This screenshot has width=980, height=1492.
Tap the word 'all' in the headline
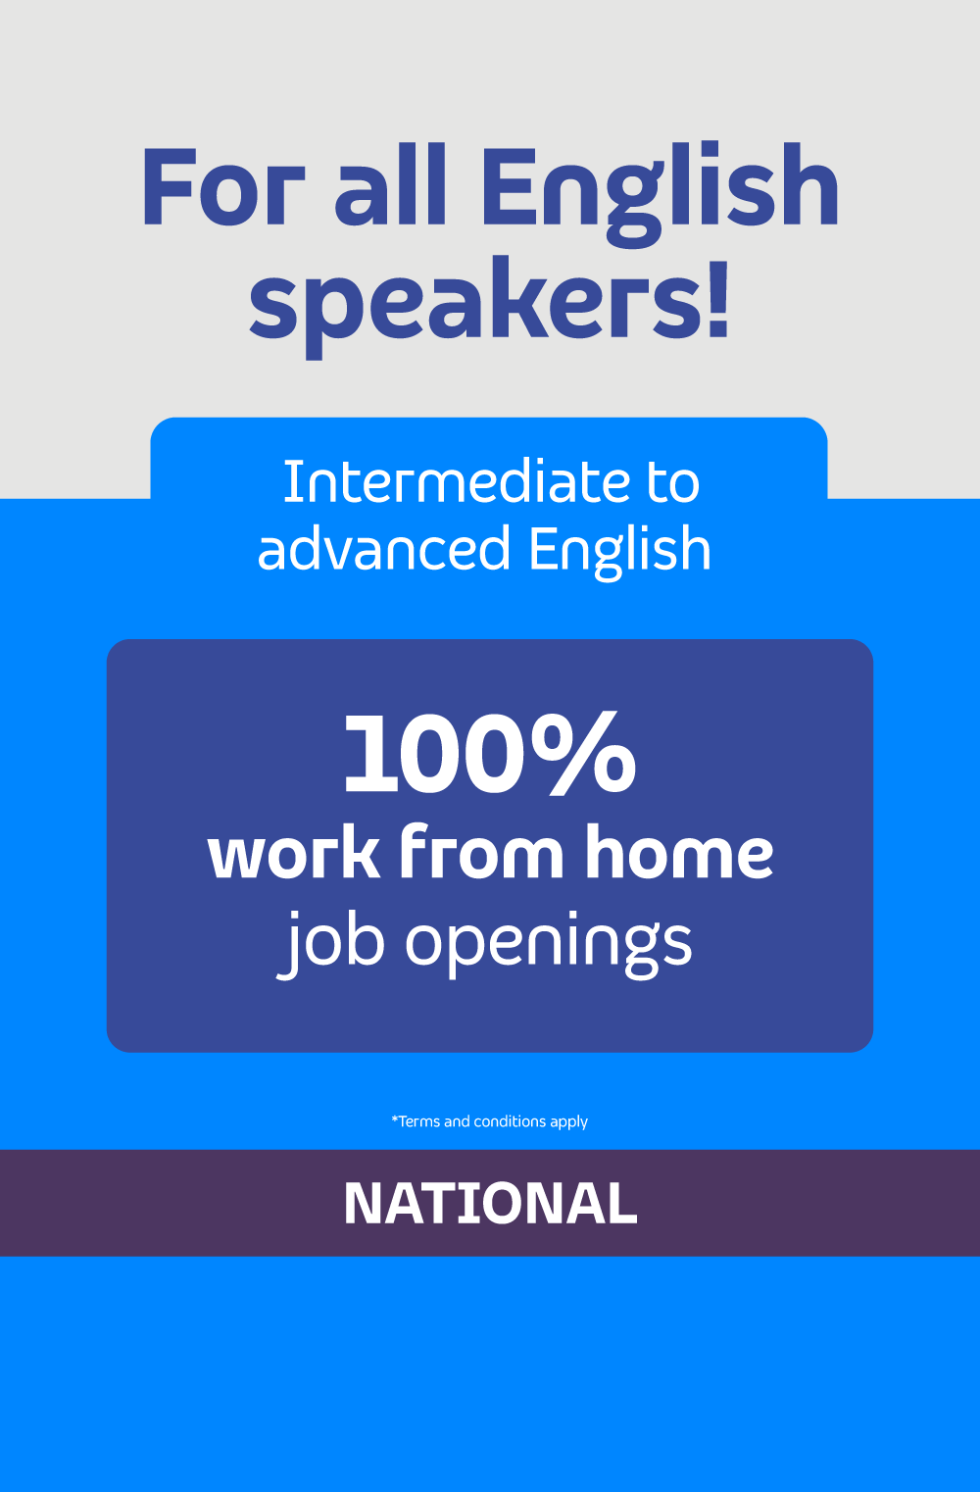pos(390,184)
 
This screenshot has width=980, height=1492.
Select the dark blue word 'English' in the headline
pos(660,194)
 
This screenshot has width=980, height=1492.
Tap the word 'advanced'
pos(383,548)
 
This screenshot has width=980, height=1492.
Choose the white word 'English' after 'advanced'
pos(619,552)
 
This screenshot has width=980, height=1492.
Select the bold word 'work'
pos(293,853)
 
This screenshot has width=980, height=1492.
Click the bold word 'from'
pos(481,851)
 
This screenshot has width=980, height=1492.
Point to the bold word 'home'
pos(678,851)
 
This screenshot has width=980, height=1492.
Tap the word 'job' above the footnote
pos(331,944)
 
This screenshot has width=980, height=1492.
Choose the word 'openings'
pos(549,945)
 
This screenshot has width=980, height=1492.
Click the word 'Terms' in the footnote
pos(418,1121)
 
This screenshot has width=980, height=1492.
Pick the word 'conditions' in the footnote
pos(510,1121)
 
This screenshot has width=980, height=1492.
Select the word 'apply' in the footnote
pos(568,1122)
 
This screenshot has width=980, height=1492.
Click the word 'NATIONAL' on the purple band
pos(490,1203)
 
